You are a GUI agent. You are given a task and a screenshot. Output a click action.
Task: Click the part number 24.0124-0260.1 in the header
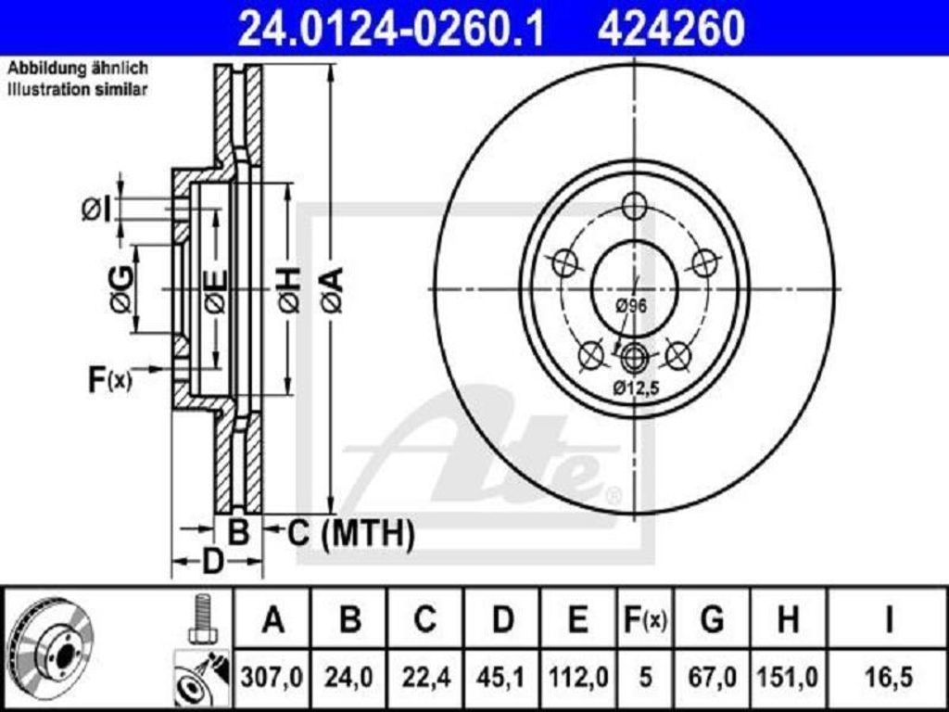391,28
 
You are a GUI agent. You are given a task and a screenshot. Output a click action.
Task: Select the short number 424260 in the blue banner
671,28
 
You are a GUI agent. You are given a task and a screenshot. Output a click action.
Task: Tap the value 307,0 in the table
272,676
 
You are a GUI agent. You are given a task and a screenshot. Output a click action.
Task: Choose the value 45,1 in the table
501,676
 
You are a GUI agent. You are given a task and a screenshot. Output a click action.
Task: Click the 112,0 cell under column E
578,676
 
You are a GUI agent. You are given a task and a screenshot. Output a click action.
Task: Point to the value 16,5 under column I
888,676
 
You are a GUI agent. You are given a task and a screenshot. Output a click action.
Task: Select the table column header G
711,619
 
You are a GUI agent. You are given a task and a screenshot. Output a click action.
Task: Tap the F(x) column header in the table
645,619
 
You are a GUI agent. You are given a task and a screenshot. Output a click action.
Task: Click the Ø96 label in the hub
631,306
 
